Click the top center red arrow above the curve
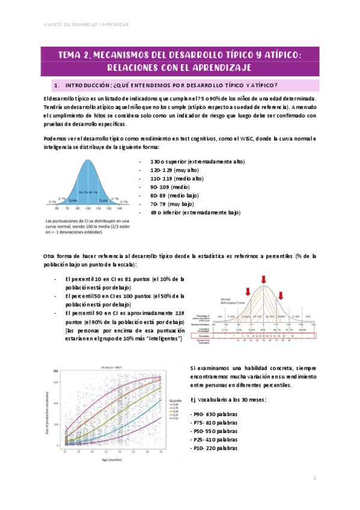point(263,278)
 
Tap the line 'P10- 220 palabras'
point(214,448)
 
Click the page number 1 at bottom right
point(314,478)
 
